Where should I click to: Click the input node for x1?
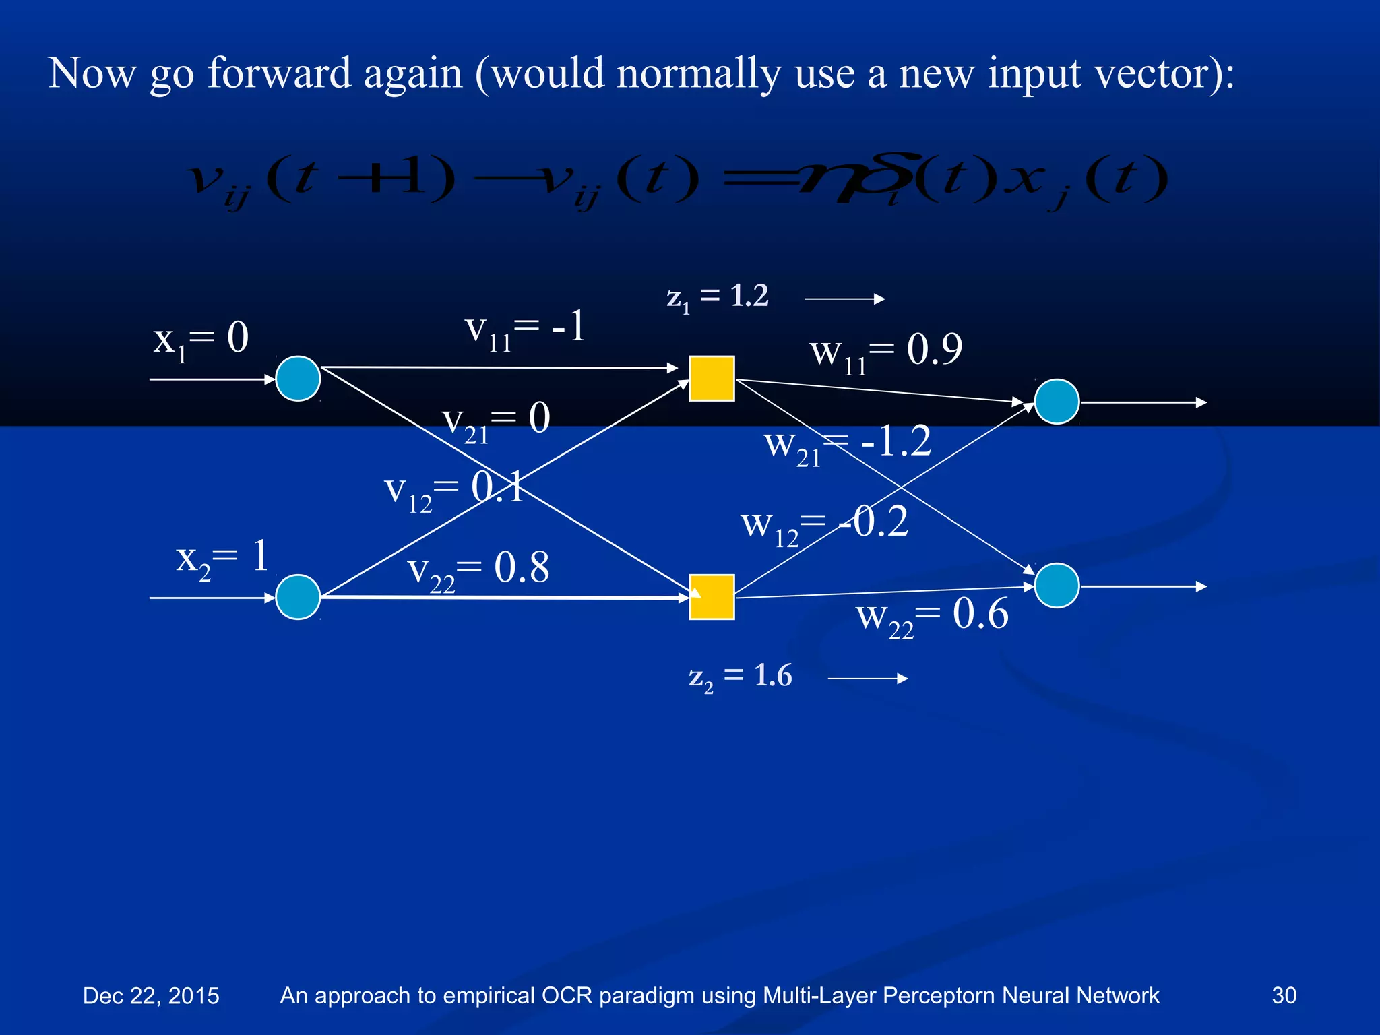(x=298, y=379)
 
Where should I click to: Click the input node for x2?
(x=298, y=597)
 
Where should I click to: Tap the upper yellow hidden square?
(x=712, y=379)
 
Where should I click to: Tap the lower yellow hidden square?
(x=712, y=597)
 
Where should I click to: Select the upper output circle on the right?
(x=1057, y=402)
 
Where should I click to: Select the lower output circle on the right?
(x=1057, y=586)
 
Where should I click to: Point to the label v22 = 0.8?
(x=478, y=570)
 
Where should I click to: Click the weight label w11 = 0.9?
(x=885, y=352)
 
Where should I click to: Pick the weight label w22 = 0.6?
(x=932, y=617)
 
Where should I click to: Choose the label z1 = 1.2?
(x=717, y=296)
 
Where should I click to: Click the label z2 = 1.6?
(x=740, y=677)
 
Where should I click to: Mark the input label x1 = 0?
(x=201, y=340)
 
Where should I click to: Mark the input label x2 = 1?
(x=222, y=559)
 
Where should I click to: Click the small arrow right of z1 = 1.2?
(x=844, y=299)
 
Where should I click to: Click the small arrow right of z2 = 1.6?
(x=867, y=679)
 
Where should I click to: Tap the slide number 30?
(x=1284, y=995)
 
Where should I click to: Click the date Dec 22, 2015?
(x=151, y=996)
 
